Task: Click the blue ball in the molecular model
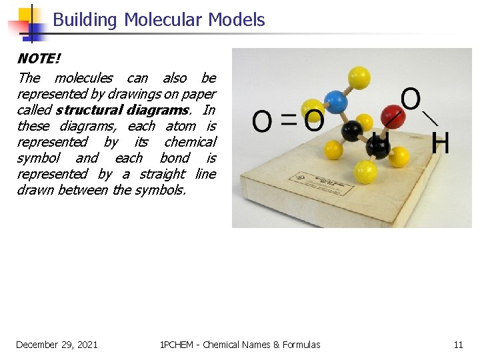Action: pyautogui.click(x=336, y=102)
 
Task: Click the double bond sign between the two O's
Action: pyautogui.click(x=288, y=121)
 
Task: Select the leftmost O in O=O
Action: pyautogui.click(x=263, y=121)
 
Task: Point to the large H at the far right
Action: pyautogui.click(x=440, y=143)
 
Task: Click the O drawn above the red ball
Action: pyautogui.click(x=411, y=99)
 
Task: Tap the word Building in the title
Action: pyautogui.click(x=84, y=20)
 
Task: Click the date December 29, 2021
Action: pyautogui.click(x=57, y=345)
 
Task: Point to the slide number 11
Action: pyautogui.click(x=458, y=345)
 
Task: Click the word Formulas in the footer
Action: pyautogui.click(x=301, y=345)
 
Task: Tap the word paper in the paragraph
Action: pyautogui.click(x=200, y=94)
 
